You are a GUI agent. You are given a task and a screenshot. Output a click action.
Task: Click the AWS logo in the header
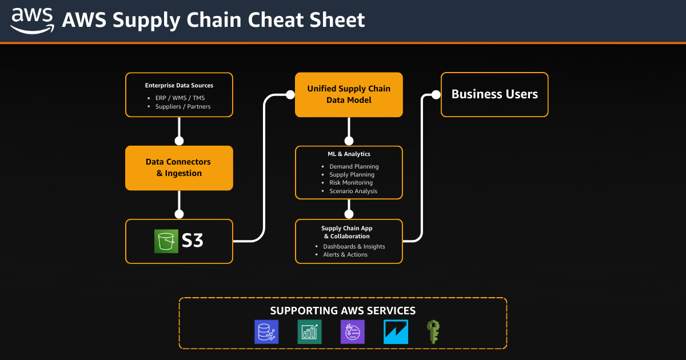click(x=33, y=21)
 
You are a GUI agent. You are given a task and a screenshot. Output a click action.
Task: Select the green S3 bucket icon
click(x=166, y=241)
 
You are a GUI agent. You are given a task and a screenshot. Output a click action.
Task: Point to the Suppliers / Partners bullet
click(x=183, y=106)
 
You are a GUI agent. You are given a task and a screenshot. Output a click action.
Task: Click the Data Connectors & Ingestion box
click(x=179, y=167)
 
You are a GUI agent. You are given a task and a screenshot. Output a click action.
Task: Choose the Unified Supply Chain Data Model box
click(x=349, y=94)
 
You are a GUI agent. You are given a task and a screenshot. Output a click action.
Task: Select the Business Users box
click(x=494, y=94)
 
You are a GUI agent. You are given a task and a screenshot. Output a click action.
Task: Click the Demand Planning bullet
click(x=354, y=167)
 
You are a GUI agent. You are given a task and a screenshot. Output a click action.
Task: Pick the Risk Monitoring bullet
click(x=351, y=183)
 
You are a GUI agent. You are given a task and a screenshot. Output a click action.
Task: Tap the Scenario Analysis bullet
click(x=353, y=191)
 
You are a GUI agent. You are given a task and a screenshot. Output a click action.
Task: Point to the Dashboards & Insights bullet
click(x=354, y=246)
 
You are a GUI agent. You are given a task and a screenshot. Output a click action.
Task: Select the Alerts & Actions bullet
click(x=345, y=254)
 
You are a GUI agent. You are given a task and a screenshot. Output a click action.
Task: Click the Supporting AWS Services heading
click(x=342, y=311)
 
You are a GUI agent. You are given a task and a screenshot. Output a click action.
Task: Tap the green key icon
click(x=433, y=332)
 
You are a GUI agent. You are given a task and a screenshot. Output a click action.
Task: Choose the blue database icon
click(x=266, y=332)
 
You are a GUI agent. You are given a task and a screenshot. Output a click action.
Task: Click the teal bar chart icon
click(x=309, y=332)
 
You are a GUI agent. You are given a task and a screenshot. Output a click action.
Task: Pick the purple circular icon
click(x=352, y=332)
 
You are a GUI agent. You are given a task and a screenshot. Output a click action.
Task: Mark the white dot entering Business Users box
click(x=435, y=94)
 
